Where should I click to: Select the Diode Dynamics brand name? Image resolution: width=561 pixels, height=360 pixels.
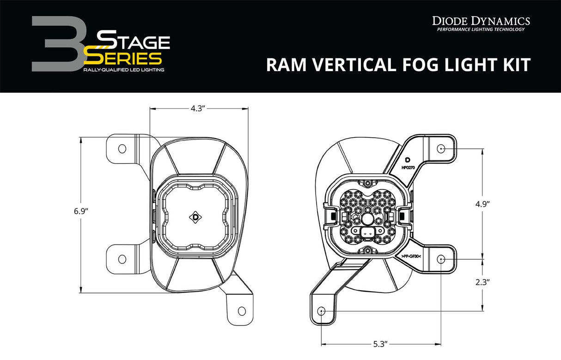point(481,20)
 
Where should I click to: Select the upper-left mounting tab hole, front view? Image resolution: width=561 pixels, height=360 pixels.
point(122,149)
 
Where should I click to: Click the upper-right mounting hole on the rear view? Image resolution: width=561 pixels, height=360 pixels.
point(441,149)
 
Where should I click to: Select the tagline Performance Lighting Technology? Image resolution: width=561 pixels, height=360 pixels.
point(481,30)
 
